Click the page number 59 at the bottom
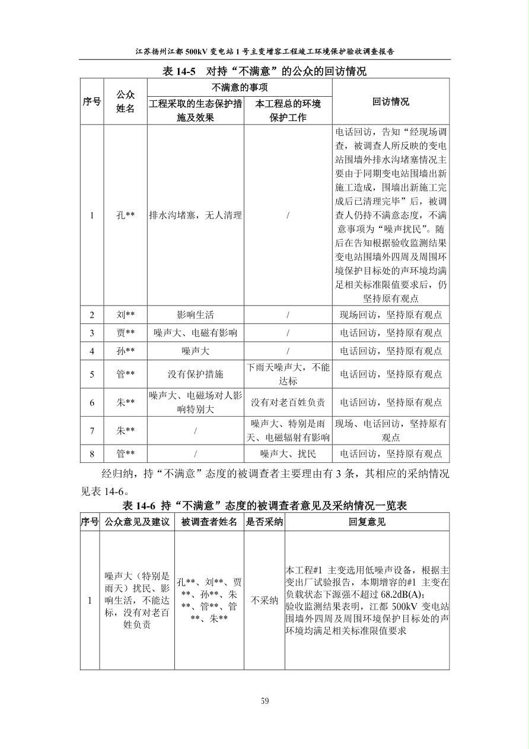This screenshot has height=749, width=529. [x=264, y=701]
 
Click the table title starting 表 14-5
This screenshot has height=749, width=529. [x=264, y=71]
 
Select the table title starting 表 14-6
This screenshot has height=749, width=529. [x=264, y=506]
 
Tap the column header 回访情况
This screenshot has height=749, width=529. [x=390, y=101]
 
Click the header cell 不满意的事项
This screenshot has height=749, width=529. [x=240, y=87]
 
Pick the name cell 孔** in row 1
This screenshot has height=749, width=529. [x=126, y=215]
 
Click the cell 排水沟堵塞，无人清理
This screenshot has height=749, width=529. [x=196, y=215]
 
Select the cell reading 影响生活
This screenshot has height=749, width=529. [x=196, y=315]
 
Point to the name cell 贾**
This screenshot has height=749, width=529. [x=126, y=333]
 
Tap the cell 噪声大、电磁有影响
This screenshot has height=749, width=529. [x=196, y=333]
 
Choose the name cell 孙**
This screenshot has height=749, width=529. [x=126, y=351]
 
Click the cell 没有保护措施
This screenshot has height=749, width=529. [x=196, y=374]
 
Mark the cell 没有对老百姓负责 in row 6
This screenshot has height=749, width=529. [x=288, y=402]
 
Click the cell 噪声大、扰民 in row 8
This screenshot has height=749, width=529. [x=288, y=454]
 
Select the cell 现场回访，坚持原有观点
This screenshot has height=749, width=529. [x=390, y=315]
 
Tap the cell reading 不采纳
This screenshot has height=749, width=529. [x=264, y=600]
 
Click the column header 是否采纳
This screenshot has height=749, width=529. [x=264, y=522]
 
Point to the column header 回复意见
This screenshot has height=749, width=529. [x=367, y=522]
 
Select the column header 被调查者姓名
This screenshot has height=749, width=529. [x=209, y=522]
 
